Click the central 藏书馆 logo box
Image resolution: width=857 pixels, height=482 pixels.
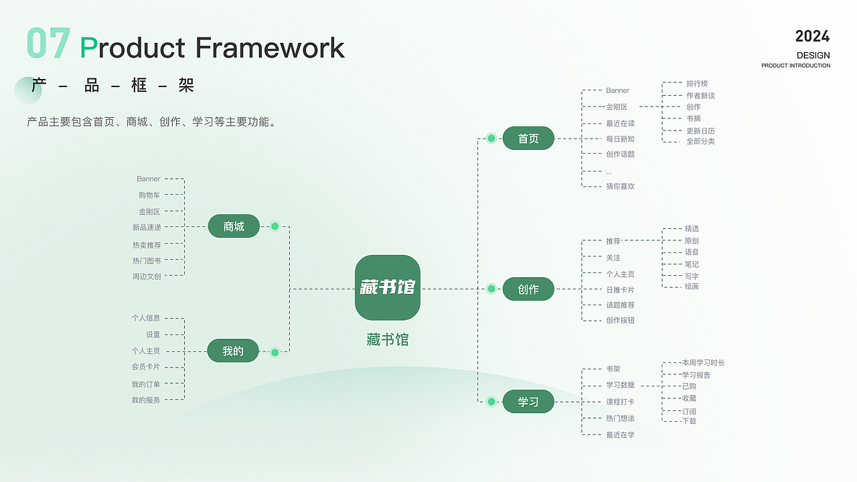(387, 287)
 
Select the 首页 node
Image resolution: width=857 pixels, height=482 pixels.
(528, 139)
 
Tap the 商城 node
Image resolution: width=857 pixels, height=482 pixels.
(234, 226)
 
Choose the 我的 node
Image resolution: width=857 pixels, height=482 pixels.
(233, 351)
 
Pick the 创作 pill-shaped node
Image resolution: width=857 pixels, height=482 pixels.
(528, 289)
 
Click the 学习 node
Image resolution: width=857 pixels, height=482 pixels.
(528, 402)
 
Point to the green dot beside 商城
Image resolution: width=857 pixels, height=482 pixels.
(275, 226)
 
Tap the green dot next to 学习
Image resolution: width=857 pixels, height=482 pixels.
(491, 402)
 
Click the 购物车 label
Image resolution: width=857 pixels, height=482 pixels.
(149, 195)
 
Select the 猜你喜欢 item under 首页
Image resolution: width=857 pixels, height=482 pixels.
(620, 187)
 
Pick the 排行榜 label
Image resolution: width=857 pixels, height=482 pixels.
(697, 84)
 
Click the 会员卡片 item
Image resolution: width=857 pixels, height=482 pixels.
(146, 367)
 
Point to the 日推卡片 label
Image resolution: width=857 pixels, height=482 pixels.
(620, 290)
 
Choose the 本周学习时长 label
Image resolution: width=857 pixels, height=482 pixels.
(703, 363)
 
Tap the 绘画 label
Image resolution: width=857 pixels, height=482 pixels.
(692, 287)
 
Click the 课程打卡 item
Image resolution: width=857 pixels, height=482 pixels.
(620, 402)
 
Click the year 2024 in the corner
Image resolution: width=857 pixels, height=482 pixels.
(812, 36)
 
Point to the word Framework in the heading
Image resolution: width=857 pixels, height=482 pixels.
(270, 48)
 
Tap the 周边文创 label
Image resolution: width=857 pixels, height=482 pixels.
(147, 276)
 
